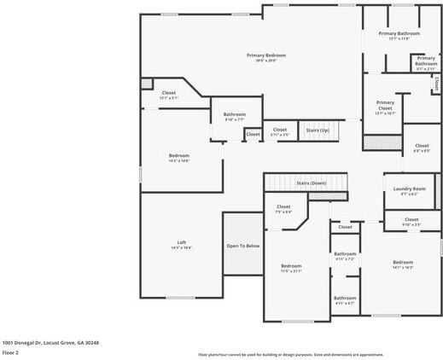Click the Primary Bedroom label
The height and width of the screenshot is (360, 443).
point(266,55)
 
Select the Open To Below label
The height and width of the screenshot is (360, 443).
point(243,246)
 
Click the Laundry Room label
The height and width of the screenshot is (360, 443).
point(410,189)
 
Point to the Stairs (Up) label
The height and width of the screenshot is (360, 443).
point(318,130)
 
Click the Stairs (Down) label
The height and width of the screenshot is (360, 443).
point(311,183)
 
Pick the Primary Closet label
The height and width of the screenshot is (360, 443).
point(385,105)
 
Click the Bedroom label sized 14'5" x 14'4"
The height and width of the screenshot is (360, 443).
point(179,155)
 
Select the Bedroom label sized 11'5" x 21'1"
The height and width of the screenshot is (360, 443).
point(291,265)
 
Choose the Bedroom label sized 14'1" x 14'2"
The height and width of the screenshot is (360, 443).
point(403,262)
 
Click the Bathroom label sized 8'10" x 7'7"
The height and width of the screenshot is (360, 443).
point(235,114)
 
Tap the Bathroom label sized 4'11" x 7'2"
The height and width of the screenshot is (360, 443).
point(345,253)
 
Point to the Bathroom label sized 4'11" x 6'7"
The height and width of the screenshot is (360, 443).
point(345,298)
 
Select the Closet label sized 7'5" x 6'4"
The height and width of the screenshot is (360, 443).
point(284,206)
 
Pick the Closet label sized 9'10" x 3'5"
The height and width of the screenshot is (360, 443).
point(411,219)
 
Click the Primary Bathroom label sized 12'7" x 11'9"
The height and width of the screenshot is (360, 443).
point(399,33)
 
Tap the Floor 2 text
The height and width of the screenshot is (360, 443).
point(10,351)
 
